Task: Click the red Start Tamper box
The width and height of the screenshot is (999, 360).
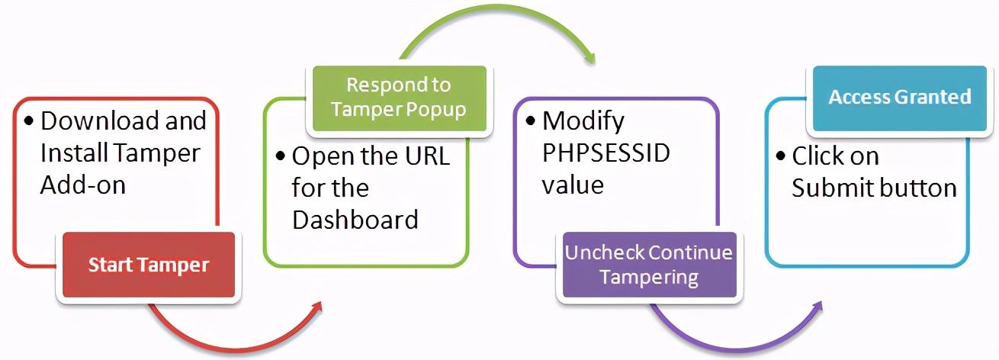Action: click(149, 265)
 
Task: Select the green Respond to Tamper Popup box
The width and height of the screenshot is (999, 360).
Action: click(399, 98)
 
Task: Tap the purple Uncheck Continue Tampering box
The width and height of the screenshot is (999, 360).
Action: click(650, 265)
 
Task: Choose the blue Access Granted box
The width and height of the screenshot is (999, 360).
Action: click(900, 98)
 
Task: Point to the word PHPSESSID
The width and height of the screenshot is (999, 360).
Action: click(606, 153)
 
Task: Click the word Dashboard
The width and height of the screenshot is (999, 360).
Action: click(355, 220)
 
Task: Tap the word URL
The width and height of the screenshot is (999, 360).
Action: click(427, 156)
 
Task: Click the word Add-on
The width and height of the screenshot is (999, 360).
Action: click(83, 185)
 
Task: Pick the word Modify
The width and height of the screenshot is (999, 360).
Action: click(583, 122)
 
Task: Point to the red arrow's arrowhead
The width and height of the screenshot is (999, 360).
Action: click(316, 307)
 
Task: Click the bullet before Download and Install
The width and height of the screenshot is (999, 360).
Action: click(29, 121)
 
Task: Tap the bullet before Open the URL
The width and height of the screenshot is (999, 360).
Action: click(280, 156)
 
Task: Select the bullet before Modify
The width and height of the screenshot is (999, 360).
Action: click(530, 121)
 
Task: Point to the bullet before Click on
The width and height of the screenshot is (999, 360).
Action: click(780, 156)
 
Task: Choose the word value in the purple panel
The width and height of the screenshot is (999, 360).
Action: click(573, 185)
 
